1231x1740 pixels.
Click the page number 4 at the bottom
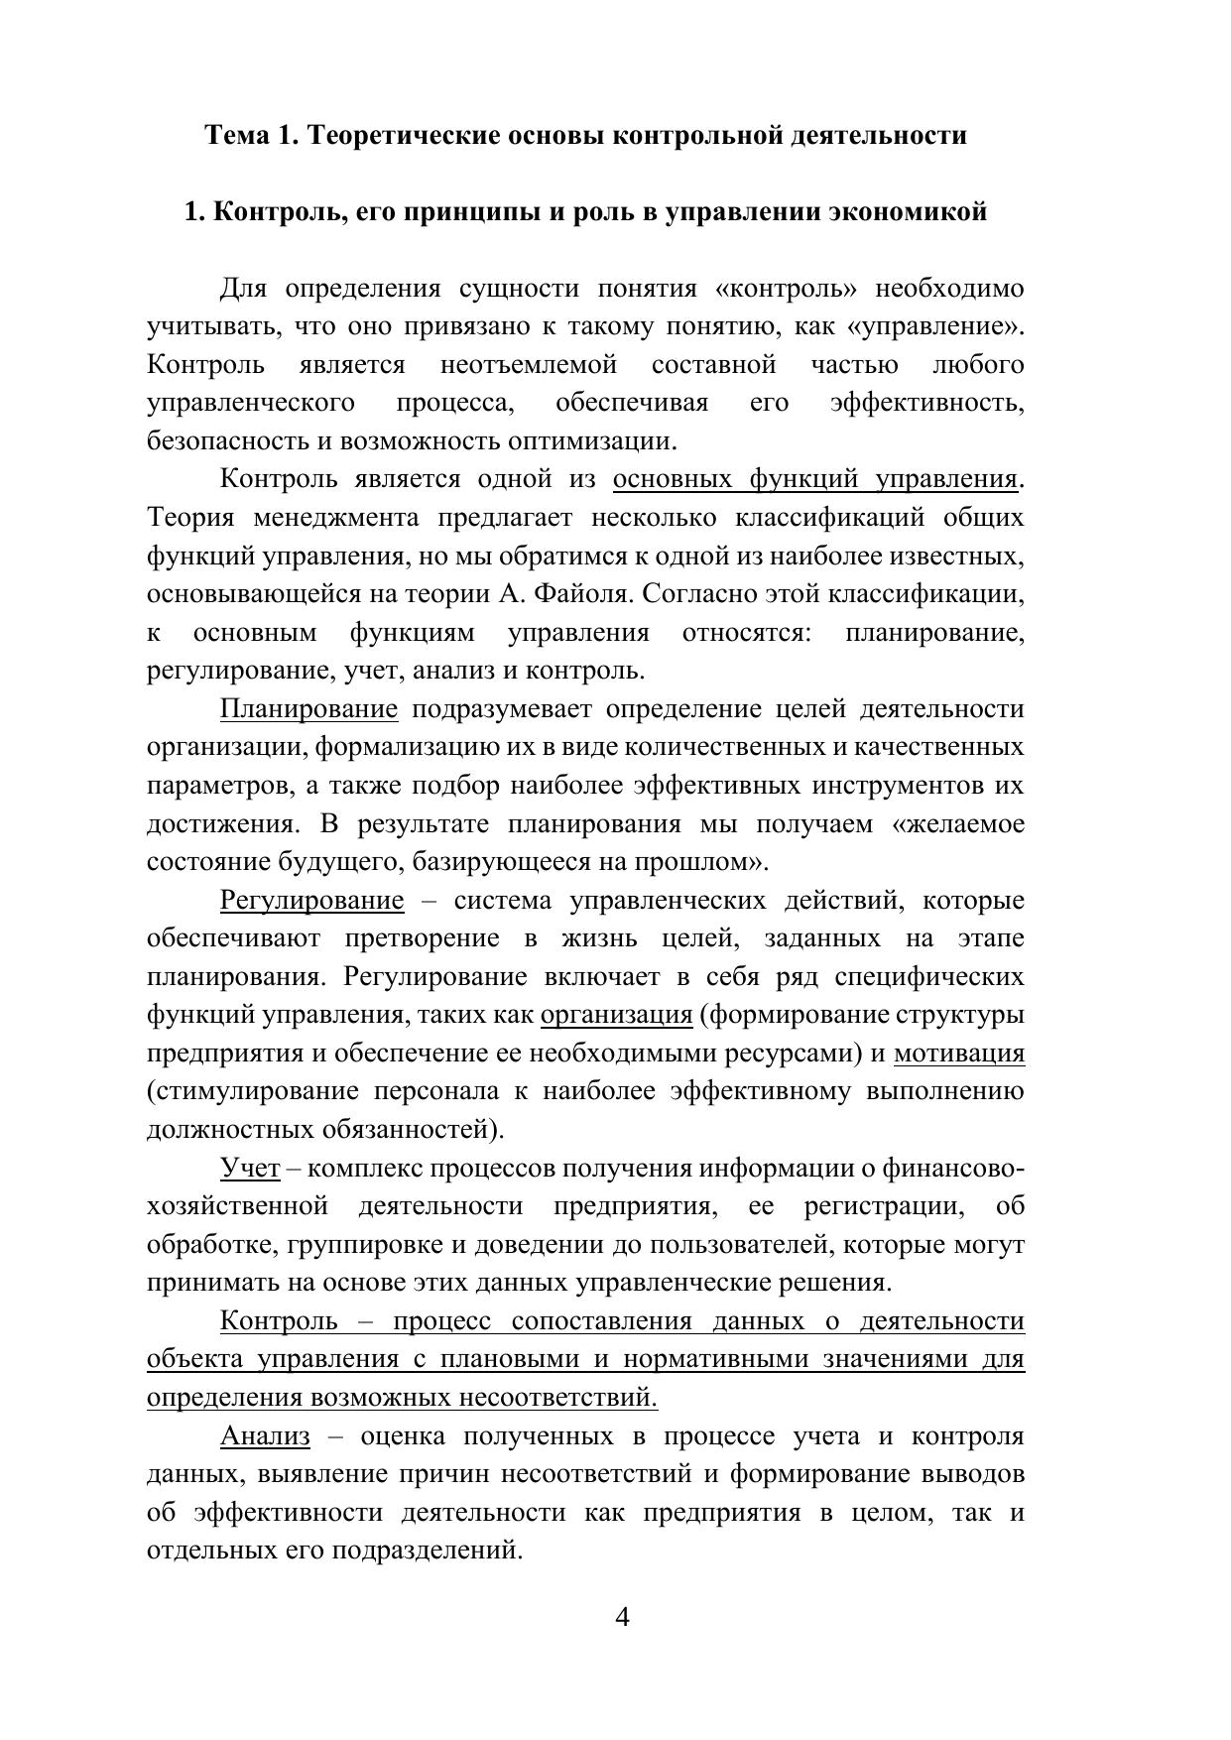tap(622, 1618)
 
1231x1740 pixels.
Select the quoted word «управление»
tap(935, 326)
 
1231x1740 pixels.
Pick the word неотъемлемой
tap(528, 365)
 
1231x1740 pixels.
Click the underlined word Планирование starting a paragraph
tap(308, 709)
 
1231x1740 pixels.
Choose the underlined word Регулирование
tap(311, 901)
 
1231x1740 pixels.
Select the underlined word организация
tap(616, 1015)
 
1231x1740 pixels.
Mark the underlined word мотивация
tap(958, 1054)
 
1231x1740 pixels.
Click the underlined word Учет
tap(250, 1169)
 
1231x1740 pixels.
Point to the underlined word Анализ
tap(265, 1436)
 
